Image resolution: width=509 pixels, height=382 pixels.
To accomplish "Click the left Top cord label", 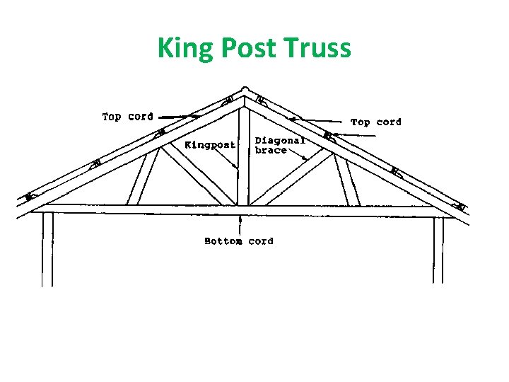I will pyautogui.click(x=127, y=117).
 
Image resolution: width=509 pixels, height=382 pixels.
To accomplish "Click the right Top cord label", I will pyautogui.click(x=375, y=122).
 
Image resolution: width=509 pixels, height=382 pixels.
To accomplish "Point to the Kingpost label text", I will pyautogui.click(x=210, y=145).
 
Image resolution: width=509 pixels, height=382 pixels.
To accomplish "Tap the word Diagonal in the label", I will pyautogui.click(x=280, y=141).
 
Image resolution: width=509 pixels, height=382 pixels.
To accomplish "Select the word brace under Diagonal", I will pyautogui.click(x=271, y=151).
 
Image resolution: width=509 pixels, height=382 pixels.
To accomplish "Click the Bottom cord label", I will pyautogui.click(x=238, y=241).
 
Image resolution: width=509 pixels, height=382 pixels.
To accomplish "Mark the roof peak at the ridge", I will pyautogui.click(x=244, y=91).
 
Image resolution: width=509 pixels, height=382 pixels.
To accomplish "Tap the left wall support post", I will pyautogui.click(x=47, y=248).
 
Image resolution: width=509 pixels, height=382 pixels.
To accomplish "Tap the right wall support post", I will pyautogui.click(x=438, y=248).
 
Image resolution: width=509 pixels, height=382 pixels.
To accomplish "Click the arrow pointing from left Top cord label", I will pyautogui.click(x=177, y=116).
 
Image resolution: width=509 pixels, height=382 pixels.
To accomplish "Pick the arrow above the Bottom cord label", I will pyautogui.click(x=242, y=225).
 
